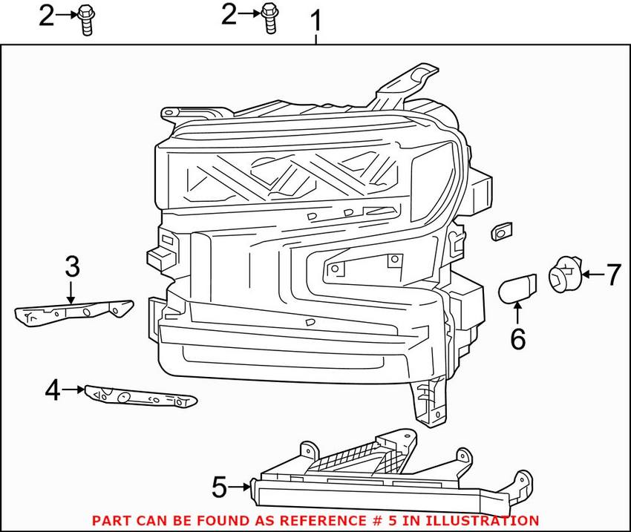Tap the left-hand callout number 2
tap(46, 15)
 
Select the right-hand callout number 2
tap(229, 14)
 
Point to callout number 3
tap(71, 266)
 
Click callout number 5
tap(219, 487)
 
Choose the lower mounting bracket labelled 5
tap(386, 471)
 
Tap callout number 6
tap(517, 339)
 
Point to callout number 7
tap(612, 275)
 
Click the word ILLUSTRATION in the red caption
tap(476, 521)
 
